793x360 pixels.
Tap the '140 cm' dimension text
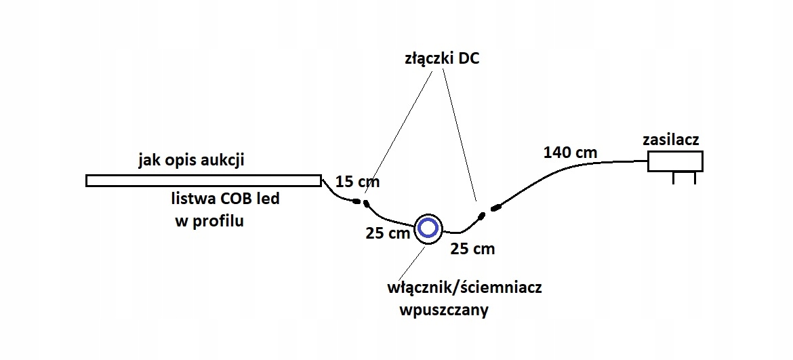570,153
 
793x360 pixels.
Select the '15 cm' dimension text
358,182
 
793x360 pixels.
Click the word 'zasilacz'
670,140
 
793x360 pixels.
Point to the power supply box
675,161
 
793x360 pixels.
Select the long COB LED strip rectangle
203,180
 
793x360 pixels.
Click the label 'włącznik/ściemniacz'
464,287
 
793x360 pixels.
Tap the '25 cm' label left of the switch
387,234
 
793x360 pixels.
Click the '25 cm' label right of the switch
472,249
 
